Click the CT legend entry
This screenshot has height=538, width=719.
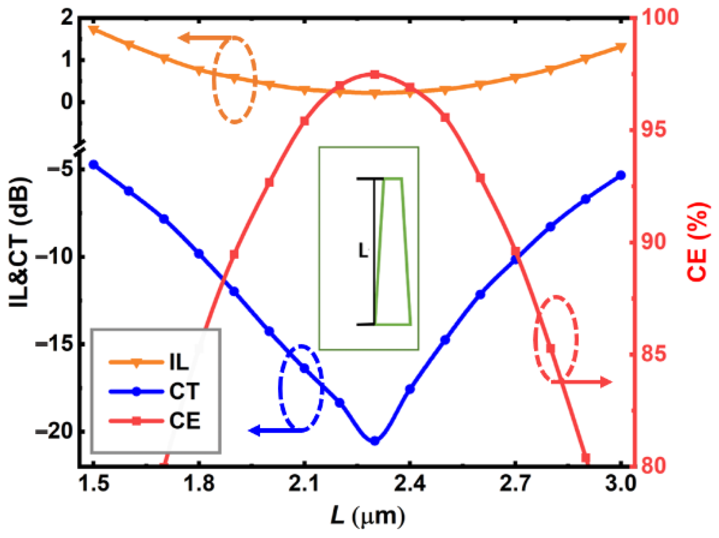click(x=154, y=391)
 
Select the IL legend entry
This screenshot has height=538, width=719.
click(x=150, y=362)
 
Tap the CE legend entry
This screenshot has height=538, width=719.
click(x=154, y=421)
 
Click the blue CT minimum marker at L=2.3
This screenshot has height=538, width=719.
click(x=375, y=441)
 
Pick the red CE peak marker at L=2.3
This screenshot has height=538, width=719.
click(x=375, y=74)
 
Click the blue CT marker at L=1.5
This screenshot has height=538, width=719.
click(x=94, y=165)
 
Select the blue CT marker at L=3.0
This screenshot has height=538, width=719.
click(x=621, y=175)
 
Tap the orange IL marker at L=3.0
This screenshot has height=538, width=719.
click(x=621, y=47)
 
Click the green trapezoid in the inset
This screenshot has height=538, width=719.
click(x=394, y=251)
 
